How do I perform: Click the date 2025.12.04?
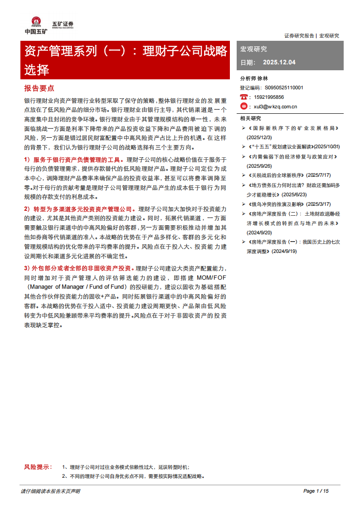(279, 62)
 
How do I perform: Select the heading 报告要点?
(39, 88)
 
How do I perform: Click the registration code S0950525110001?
(284, 87)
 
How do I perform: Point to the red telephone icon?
(244, 97)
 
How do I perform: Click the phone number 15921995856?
(269, 97)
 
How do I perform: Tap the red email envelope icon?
(244, 107)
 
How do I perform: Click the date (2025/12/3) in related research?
(259, 137)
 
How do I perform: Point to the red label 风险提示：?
(38, 467)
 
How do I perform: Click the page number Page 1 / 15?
(315, 491)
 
